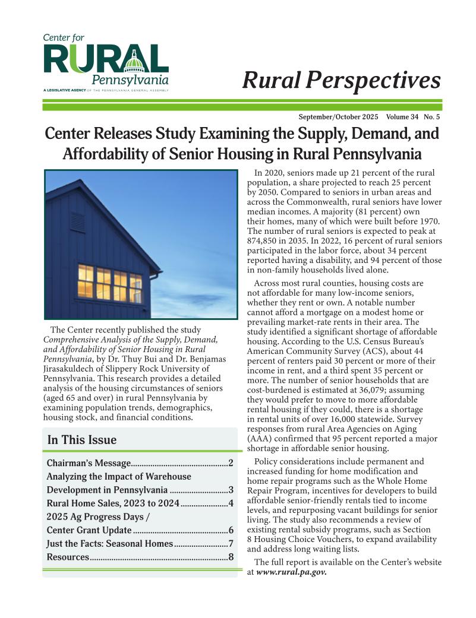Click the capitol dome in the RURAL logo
134,61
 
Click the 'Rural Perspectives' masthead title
341,80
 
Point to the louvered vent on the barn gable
77,221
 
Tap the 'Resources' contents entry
68,557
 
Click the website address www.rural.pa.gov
291,573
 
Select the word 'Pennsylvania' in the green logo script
130,80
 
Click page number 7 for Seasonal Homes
231,544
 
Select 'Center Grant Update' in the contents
89,530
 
